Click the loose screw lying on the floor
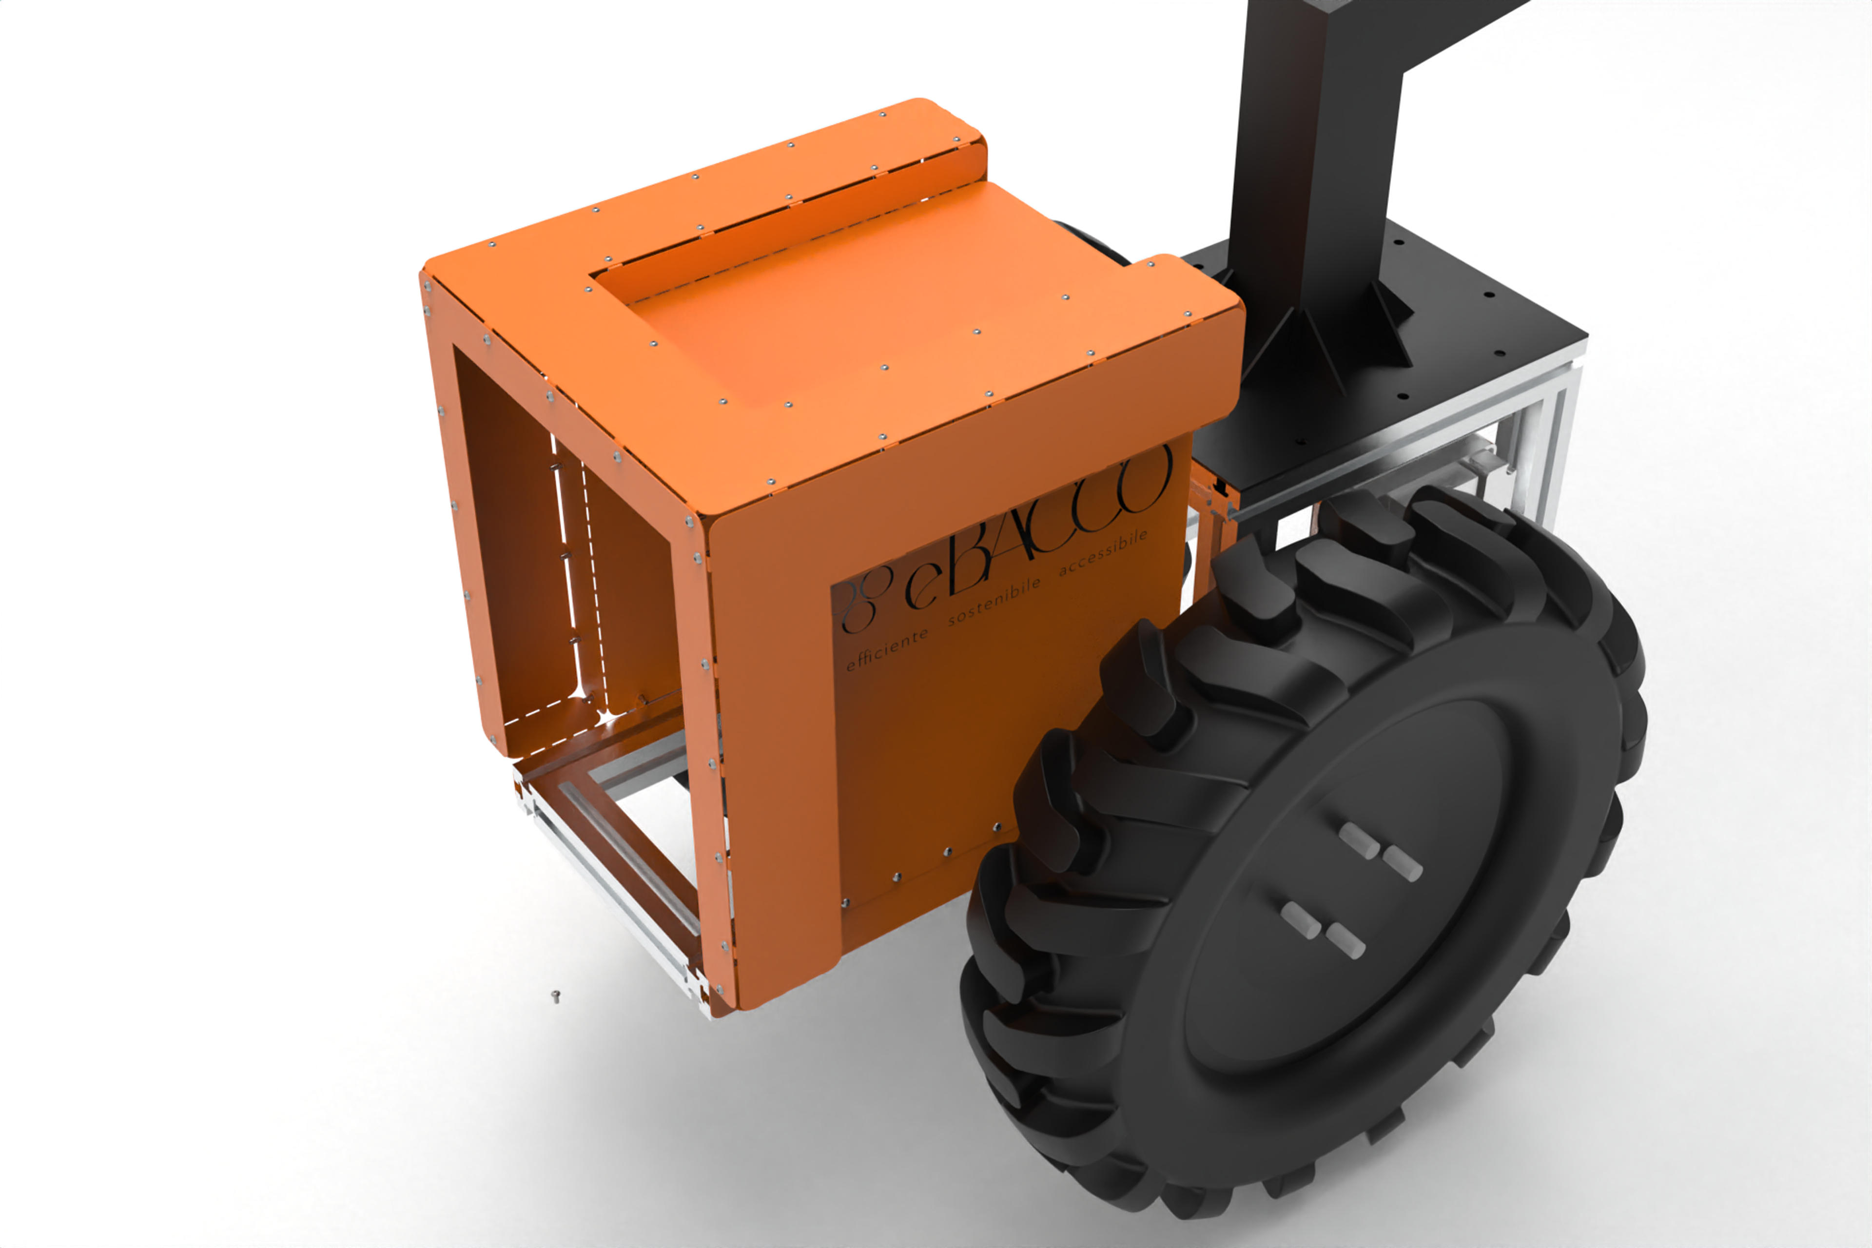click(556, 995)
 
